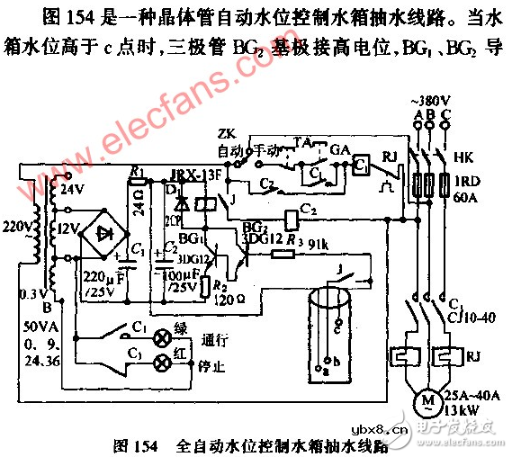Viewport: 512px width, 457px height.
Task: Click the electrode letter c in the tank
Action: [x=337, y=330]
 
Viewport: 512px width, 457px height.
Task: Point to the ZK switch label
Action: [x=227, y=134]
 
